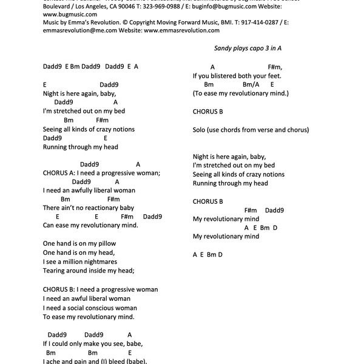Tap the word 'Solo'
point(201,130)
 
